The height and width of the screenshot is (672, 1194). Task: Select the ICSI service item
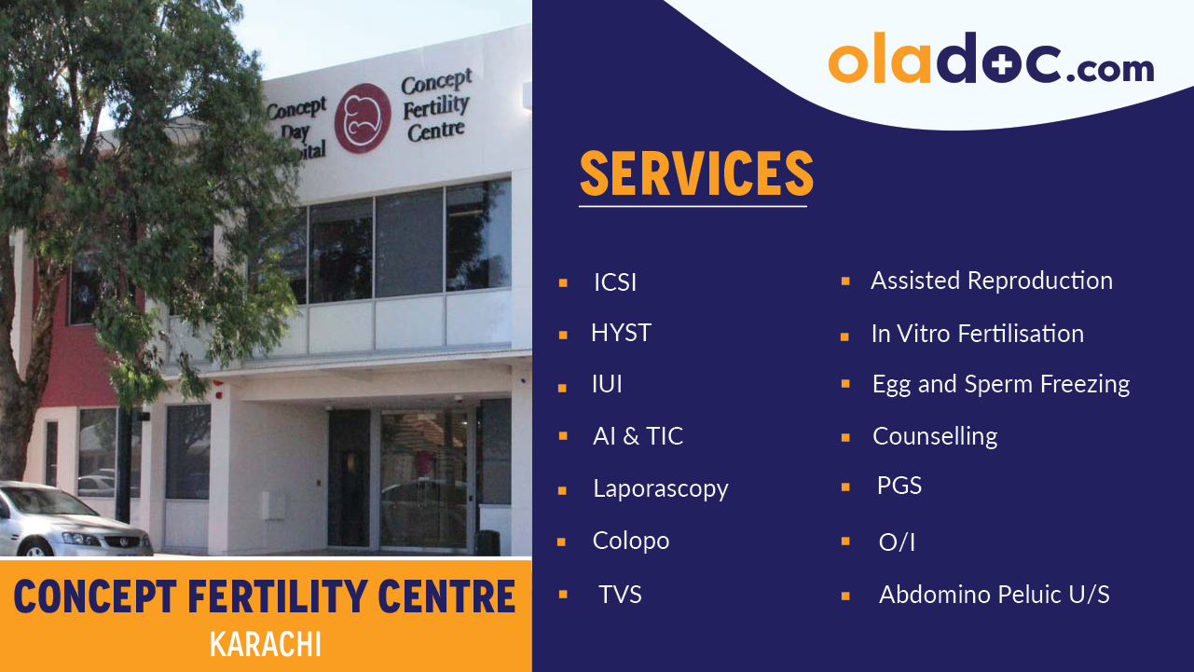[615, 282]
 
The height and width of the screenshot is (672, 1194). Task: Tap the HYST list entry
[621, 333]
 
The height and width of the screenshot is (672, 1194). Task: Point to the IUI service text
[607, 384]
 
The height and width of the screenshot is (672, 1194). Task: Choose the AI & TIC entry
[638, 436]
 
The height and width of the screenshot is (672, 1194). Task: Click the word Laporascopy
[660, 488]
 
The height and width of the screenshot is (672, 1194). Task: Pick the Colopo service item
[631, 541]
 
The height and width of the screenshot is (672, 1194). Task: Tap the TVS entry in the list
[620, 595]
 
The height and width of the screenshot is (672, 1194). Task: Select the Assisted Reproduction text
[991, 281]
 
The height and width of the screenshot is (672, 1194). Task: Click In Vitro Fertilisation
[977, 334]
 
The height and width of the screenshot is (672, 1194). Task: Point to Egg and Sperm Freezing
[1000, 384]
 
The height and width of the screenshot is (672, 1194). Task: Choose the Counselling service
[934, 436]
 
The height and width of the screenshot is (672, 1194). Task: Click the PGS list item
[899, 486]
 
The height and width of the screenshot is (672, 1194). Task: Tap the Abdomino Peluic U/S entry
[994, 595]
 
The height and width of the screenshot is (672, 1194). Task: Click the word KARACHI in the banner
[266, 645]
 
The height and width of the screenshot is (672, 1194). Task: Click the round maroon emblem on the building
[363, 118]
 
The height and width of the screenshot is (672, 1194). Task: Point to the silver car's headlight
[82, 539]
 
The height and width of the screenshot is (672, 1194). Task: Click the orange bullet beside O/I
[845, 541]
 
